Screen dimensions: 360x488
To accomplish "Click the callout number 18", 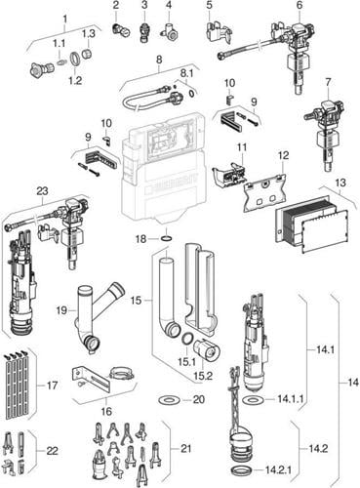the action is coord(141,239).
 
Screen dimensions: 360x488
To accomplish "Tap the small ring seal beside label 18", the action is coord(166,239).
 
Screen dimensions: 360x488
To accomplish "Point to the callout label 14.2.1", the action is coord(278,469).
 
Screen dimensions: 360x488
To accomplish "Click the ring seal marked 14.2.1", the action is coord(242,471).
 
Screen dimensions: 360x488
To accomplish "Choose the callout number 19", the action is coord(62,310).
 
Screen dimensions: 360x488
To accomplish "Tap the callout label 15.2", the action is coord(205,376).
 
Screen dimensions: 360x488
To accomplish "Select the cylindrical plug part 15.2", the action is coord(207,348).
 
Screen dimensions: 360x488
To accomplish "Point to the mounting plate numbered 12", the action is coord(264,192).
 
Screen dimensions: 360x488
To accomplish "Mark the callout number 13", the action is coord(340,183).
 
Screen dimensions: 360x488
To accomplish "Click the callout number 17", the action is coord(52,386).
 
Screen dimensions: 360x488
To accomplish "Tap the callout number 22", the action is coord(52,451).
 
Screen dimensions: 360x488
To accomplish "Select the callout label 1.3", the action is coord(88,34).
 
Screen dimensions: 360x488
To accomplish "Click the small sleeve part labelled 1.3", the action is coord(87,54).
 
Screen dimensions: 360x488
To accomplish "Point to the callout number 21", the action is coord(185,449).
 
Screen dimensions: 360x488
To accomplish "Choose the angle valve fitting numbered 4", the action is coord(170,31).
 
